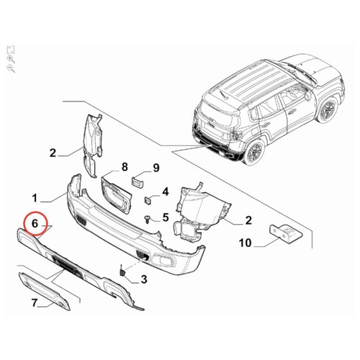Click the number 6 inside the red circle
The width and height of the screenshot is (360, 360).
(35, 224)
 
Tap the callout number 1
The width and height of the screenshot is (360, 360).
(35, 198)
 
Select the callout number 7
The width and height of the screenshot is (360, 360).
(35, 303)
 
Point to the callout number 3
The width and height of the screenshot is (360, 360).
(144, 279)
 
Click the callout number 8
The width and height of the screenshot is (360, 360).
(125, 167)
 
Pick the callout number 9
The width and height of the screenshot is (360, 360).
(156, 168)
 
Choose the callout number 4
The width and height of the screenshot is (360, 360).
(166, 192)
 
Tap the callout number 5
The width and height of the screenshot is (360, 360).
(166, 217)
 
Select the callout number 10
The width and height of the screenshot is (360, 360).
(245, 243)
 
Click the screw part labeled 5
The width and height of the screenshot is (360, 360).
(147, 220)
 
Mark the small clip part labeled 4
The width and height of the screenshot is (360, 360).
(148, 201)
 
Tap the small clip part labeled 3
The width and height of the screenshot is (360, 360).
(122, 271)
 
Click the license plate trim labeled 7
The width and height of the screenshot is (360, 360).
(44, 291)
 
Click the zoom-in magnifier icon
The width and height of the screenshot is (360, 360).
(11, 59)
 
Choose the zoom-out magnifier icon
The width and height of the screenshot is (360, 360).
(11, 68)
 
